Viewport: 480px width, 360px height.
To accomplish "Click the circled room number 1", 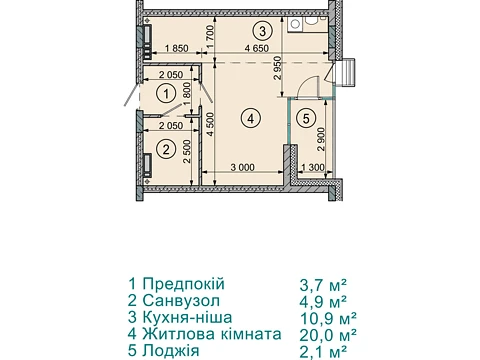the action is [x=166, y=94].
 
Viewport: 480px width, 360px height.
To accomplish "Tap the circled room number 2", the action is [x=166, y=149].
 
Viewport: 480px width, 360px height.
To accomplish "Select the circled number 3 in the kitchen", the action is [x=263, y=31].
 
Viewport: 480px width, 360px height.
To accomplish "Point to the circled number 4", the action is [x=251, y=118].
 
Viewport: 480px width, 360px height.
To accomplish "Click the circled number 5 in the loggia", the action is [x=306, y=118].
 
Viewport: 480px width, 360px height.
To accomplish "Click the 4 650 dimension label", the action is [x=257, y=48].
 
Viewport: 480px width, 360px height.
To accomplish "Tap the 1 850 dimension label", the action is [x=176, y=48].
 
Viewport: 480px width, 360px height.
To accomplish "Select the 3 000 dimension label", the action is [x=243, y=167].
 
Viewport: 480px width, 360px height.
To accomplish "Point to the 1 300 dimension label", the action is [x=313, y=167].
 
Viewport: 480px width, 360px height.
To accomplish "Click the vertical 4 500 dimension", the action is [x=210, y=125].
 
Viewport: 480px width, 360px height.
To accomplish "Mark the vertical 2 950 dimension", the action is [x=278, y=68].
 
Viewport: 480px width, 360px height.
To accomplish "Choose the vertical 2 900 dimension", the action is [x=321, y=139].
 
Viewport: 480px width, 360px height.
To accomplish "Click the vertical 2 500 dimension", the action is [x=187, y=152].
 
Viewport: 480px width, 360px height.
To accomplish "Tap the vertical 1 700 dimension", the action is [x=210, y=37].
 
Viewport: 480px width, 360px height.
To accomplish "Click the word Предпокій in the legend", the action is [x=184, y=284].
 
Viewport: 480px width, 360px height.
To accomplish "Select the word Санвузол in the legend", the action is [x=181, y=301].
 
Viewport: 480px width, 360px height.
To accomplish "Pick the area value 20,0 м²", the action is [x=328, y=335].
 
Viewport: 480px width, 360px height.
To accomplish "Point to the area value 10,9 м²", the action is [x=328, y=318].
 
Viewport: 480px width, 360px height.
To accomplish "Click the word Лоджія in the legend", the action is [x=171, y=351].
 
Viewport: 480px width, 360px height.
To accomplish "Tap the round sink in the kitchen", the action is [x=295, y=23].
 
